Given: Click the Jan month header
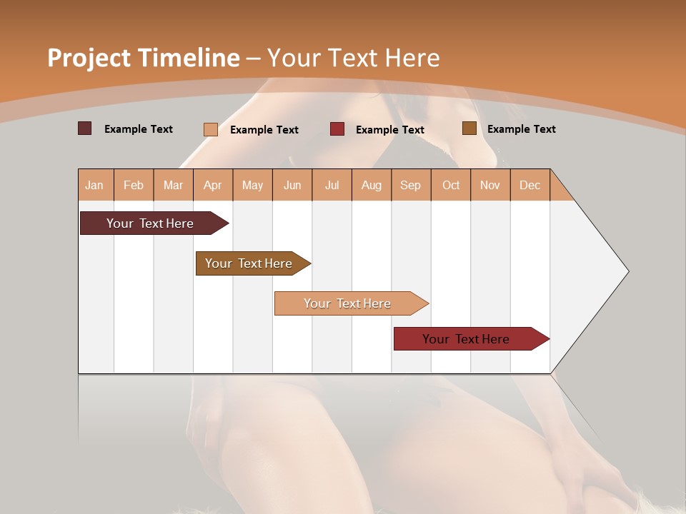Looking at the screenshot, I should (x=95, y=185).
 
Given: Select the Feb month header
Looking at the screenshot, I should (x=134, y=185).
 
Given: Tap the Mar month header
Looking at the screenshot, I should (x=173, y=185).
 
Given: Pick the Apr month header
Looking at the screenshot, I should (x=213, y=185).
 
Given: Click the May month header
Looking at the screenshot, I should (x=252, y=185).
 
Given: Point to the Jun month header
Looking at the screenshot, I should (x=292, y=185).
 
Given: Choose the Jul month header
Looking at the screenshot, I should (x=332, y=185).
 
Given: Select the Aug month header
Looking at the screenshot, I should (x=372, y=185).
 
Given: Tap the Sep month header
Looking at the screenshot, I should (x=411, y=185).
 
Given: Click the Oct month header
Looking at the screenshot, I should (x=451, y=185).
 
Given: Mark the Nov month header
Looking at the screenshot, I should (x=490, y=185).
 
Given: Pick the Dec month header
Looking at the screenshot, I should (x=530, y=185).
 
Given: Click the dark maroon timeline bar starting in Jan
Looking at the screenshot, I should (x=150, y=223).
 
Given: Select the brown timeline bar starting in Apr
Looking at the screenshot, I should (x=249, y=263).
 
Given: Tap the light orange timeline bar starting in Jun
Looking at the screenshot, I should (x=347, y=303).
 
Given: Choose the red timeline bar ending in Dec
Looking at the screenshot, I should (x=466, y=339).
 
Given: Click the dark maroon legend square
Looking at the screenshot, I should (x=85, y=128).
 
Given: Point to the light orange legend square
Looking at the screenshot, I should (x=211, y=129).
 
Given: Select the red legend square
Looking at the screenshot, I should (x=337, y=129).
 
